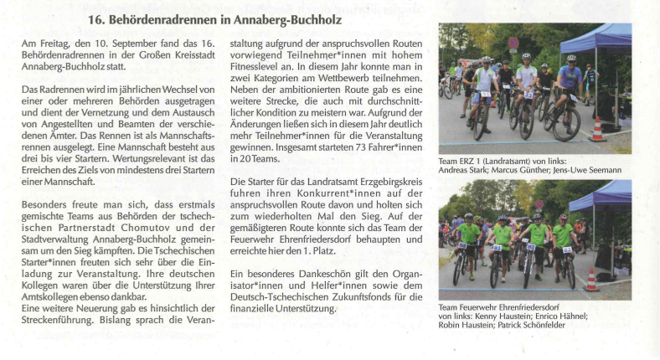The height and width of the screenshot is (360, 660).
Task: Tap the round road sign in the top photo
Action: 513,44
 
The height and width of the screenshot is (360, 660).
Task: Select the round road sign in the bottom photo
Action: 539,204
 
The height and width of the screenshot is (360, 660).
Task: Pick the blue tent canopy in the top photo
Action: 598,39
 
